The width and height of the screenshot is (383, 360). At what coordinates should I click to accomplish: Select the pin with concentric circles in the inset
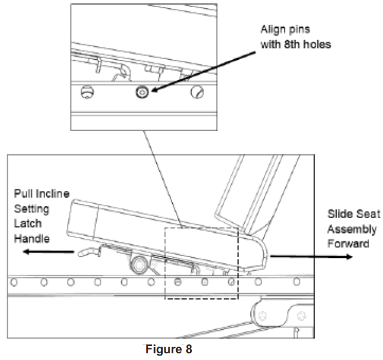click(x=144, y=92)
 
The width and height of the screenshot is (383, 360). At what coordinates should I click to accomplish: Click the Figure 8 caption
click(x=165, y=353)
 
